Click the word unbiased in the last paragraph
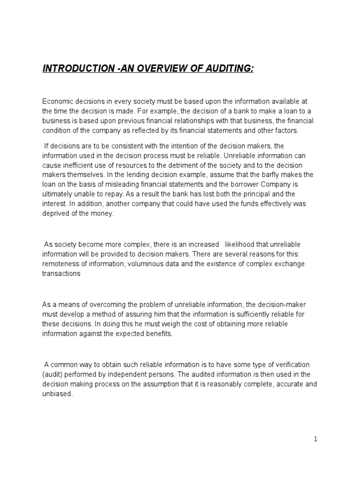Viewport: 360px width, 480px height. coord(57,394)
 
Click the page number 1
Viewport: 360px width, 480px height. coord(315,439)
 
